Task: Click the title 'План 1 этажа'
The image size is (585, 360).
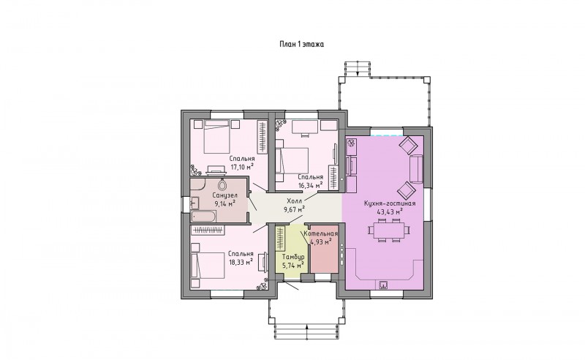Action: click(x=301, y=44)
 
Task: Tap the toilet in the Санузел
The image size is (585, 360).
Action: click(x=223, y=184)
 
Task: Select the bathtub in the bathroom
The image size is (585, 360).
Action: click(x=203, y=217)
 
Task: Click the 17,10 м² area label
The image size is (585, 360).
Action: click(x=242, y=167)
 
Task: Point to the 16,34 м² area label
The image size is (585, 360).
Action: click(x=310, y=185)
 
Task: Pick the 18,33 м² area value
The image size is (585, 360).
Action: click(x=241, y=261)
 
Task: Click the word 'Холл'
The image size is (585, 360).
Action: click(x=295, y=201)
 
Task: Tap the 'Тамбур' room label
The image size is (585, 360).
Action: click(x=293, y=257)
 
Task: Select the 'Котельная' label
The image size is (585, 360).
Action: click(x=321, y=233)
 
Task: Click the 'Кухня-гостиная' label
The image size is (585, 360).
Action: click(x=390, y=203)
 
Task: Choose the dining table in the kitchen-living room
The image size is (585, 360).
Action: click(x=389, y=230)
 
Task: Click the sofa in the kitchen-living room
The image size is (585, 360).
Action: click(x=416, y=169)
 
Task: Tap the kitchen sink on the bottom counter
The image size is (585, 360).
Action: click(x=383, y=285)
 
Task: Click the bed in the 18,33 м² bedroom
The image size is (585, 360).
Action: click(x=208, y=265)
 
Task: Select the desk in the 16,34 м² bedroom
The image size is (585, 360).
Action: click(x=305, y=127)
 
